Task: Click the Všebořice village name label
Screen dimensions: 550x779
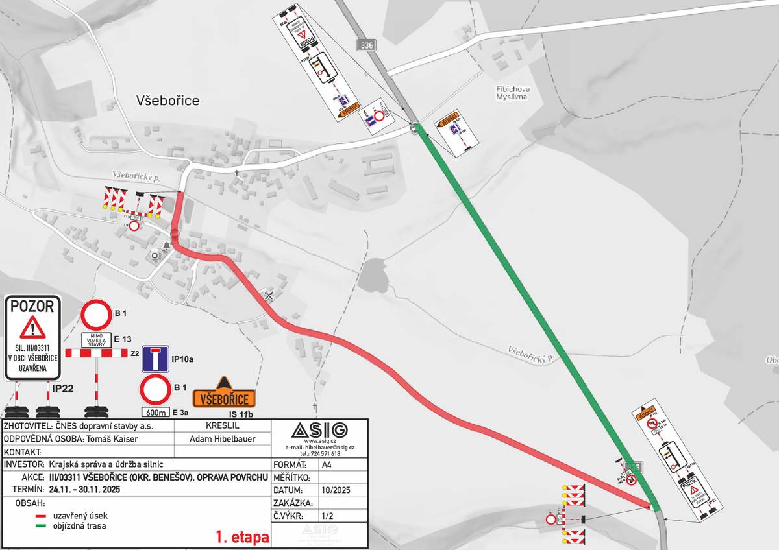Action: tap(167, 101)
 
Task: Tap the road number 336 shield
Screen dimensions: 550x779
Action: tap(365, 45)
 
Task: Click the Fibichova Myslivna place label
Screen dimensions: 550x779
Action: tap(510, 91)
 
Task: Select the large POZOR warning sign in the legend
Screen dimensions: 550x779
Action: tap(32, 337)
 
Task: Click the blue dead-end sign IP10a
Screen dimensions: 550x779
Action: tap(156, 359)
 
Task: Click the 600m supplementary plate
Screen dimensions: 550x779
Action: tap(155, 412)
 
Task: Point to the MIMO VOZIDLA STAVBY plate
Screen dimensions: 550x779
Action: tap(97, 339)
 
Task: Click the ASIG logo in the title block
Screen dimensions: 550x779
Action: tap(319, 430)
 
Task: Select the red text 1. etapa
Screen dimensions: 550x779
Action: tap(242, 538)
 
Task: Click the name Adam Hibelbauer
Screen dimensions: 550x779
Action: tap(222, 439)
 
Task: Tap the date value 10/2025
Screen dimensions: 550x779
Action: tap(336, 490)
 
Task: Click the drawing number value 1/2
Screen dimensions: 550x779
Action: tap(327, 516)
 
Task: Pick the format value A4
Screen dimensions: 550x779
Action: tap(327, 465)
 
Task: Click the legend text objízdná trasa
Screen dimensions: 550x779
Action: tap(79, 526)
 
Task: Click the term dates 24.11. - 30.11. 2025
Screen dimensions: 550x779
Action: tap(84, 489)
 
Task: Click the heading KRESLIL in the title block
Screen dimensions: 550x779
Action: tap(222, 426)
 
